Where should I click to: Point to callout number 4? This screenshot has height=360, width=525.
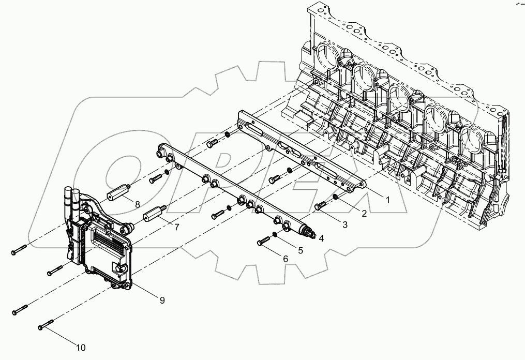(321, 238)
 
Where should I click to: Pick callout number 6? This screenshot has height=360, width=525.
(284, 258)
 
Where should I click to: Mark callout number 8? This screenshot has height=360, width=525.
(138, 204)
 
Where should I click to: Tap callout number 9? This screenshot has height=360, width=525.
(162, 300)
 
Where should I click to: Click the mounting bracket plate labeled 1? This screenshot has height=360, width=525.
(300, 150)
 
